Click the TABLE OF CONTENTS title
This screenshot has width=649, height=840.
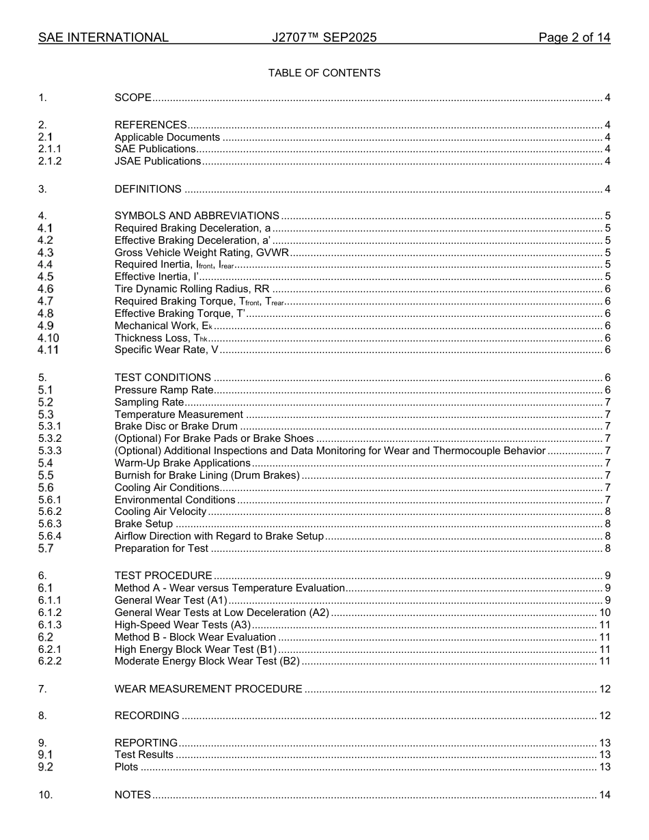[324, 73]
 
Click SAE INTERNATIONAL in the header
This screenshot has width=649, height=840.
[103, 38]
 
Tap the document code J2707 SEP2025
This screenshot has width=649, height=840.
[324, 38]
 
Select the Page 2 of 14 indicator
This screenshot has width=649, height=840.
[574, 38]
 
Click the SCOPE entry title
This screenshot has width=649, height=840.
[133, 98]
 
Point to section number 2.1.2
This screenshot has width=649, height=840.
[50, 161]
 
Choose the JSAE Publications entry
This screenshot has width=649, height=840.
[158, 161]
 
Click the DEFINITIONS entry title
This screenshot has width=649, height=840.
[148, 189]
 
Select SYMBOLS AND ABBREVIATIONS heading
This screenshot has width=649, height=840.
[197, 216]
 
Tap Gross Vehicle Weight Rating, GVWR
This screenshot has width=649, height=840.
[202, 253]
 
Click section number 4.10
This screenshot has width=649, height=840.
[49, 338]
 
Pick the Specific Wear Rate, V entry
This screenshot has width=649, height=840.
[166, 350]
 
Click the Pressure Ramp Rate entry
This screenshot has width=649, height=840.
[164, 390]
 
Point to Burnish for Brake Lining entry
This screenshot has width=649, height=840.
[207, 475]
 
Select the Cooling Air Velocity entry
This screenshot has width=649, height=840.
[160, 512]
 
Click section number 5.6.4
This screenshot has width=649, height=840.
[50, 536]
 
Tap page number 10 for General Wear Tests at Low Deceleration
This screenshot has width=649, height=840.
[604, 613]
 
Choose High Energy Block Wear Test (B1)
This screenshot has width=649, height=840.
[195, 649]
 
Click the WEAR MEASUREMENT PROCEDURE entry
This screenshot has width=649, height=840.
[208, 689]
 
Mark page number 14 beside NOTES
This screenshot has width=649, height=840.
[604, 795]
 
